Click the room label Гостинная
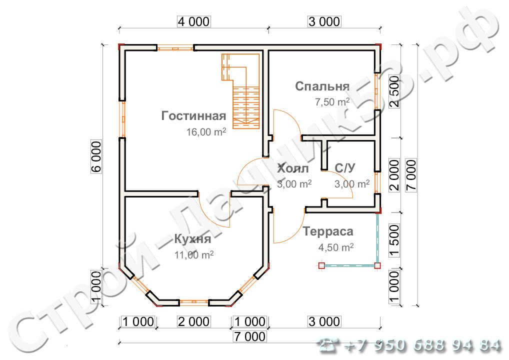point(193,116)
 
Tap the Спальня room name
point(322,86)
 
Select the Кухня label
point(191,238)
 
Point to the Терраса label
point(328,231)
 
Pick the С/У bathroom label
point(345,169)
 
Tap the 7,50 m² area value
point(331,102)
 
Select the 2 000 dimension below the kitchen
point(193,321)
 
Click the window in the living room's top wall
point(174,48)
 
